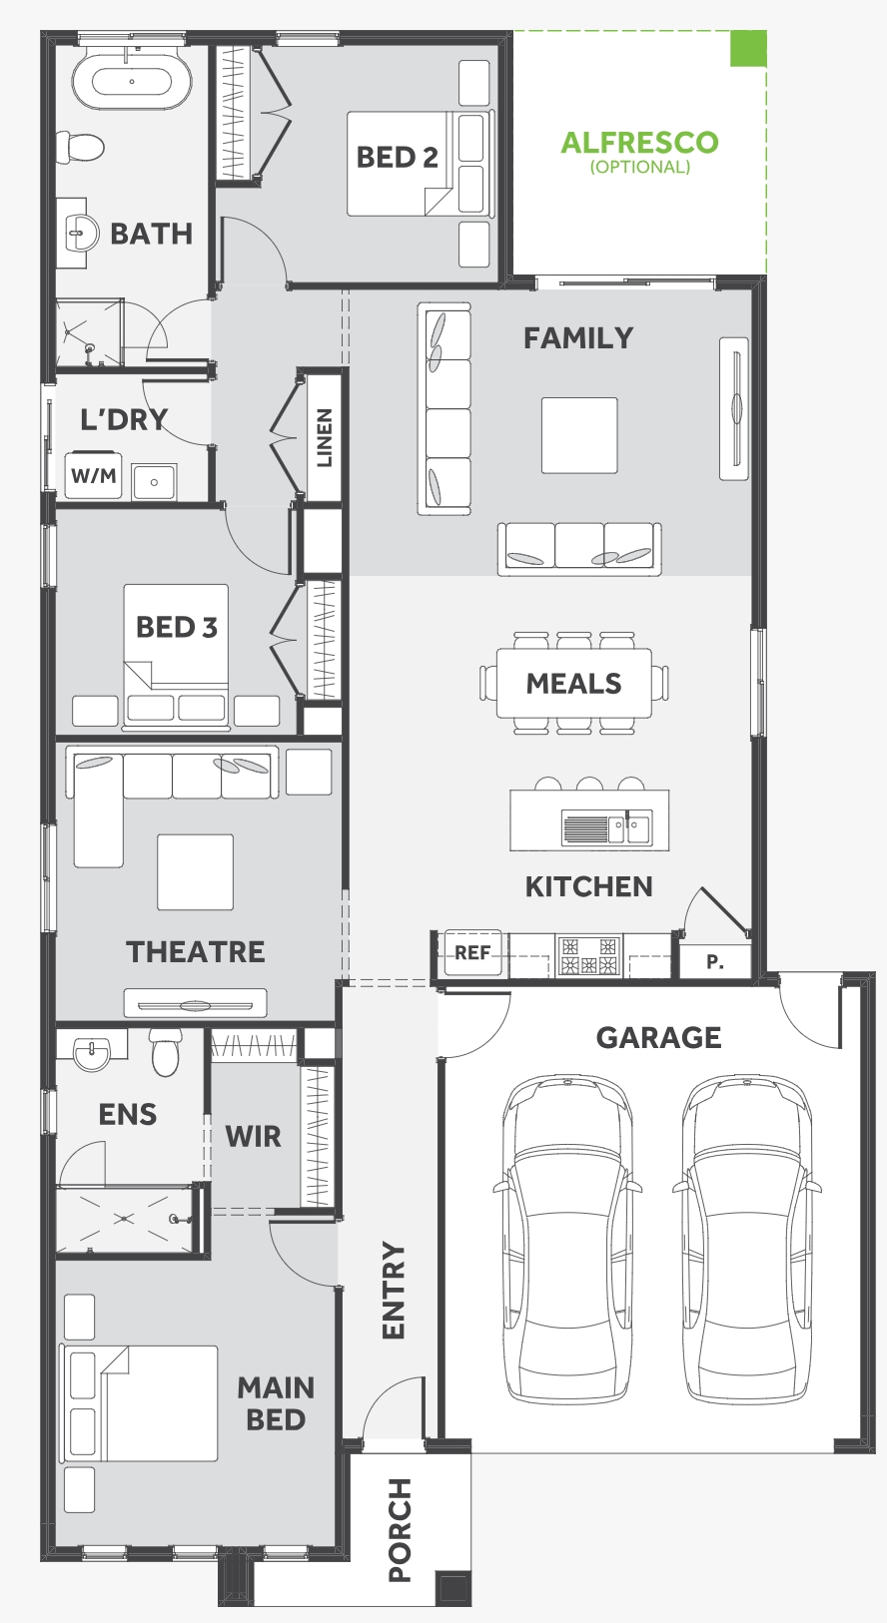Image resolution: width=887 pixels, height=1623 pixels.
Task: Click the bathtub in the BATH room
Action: (132, 81)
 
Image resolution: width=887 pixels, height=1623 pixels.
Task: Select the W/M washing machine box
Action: (94, 476)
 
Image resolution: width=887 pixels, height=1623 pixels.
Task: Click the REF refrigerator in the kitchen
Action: (472, 952)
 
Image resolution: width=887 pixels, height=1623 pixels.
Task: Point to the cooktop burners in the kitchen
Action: (589, 955)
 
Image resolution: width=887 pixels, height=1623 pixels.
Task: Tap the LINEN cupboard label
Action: (325, 437)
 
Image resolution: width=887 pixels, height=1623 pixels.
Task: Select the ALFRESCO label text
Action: (639, 142)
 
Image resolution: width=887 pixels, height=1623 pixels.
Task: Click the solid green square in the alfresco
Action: (748, 48)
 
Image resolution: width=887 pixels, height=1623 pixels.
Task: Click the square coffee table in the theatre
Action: (195, 871)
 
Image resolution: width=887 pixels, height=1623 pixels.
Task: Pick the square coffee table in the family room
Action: (579, 435)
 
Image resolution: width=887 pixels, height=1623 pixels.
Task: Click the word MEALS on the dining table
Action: (573, 684)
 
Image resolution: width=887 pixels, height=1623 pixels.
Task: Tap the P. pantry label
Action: (715, 961)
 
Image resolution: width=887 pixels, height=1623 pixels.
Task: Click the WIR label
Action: (253, 1136)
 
